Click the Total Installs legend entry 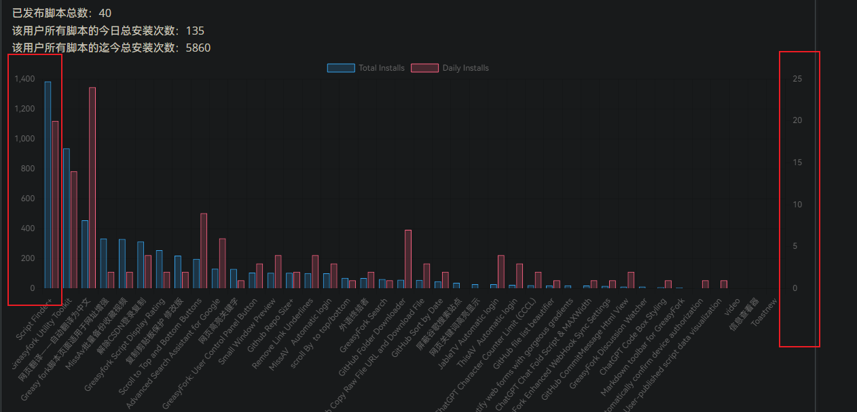pyautogui.click(x=366, y=68)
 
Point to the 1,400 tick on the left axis pyautogui.click(x=24, y=79)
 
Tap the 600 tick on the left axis pyautogui.click(x=28, y=199)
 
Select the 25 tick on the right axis pyautogui.click(x=797, y=79)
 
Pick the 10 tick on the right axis pyautogui.click(x=797, y=205)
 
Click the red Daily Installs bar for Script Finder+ pyautogui.click(x=55, y=205)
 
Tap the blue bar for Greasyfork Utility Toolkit pyautogui.click(x=67, y=218)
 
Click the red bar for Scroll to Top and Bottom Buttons pyautogui.click(x=204, y=251)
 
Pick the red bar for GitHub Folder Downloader pyautogui.click(x=408, y=259)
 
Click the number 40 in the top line pyautogui.click(x=105, y=13)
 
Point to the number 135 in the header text pyautogui.click(x=195, y=31)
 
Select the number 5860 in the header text pyautogui.click(x=198, y=48)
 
